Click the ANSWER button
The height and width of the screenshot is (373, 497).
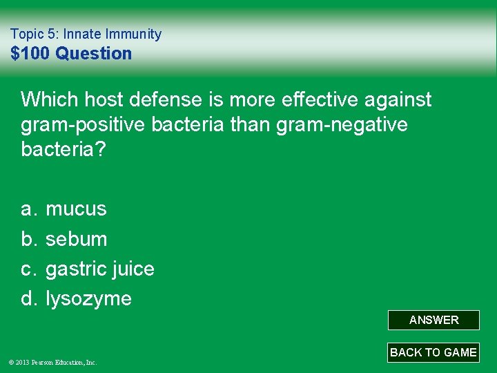pos(433,320)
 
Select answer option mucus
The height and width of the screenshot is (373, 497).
pos(76,209)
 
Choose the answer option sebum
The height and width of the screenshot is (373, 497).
pos(76,239)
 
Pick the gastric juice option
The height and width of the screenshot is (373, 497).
pos(99,269)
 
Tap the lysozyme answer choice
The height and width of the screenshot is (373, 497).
pos(88,298)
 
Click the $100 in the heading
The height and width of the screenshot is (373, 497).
pos(31,53)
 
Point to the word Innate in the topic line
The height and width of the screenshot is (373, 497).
pos(84,34)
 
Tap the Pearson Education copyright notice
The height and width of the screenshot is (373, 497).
pos(54,362)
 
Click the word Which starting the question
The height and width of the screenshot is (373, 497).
pos(50,100)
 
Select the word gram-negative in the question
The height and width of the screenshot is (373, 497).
pos(344,125)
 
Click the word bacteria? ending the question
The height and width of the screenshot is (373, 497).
pos(64,150)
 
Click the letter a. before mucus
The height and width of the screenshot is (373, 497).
pos(28,209)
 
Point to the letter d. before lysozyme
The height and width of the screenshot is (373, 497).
pos(28,298)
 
